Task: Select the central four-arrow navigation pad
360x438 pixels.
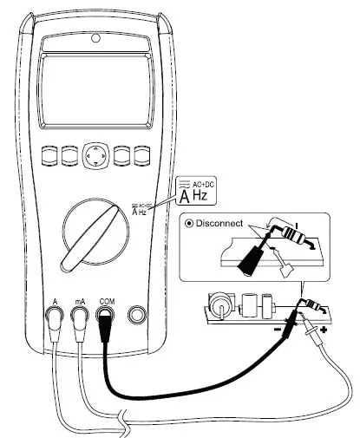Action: coord(95,155)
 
